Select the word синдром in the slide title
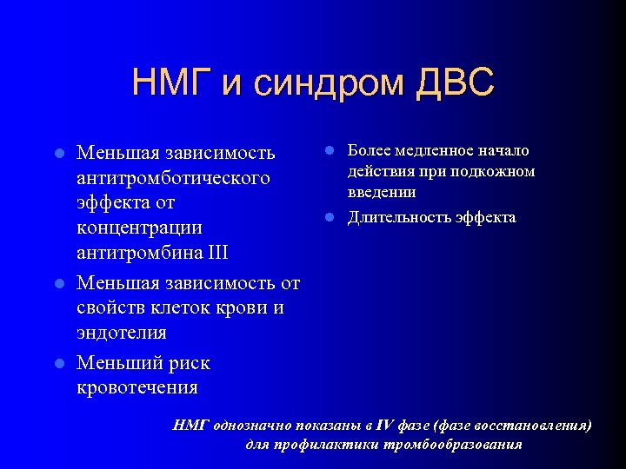[x=319, y=83]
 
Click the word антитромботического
[x=173, y=178]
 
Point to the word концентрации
[x=139, y=228]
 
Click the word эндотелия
[x=121, y=333]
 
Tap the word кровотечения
[x=137, y=387]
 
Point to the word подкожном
[x=492, y=171]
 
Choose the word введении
[x=381, y=192]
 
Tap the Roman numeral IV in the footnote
[x=388, y=425]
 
